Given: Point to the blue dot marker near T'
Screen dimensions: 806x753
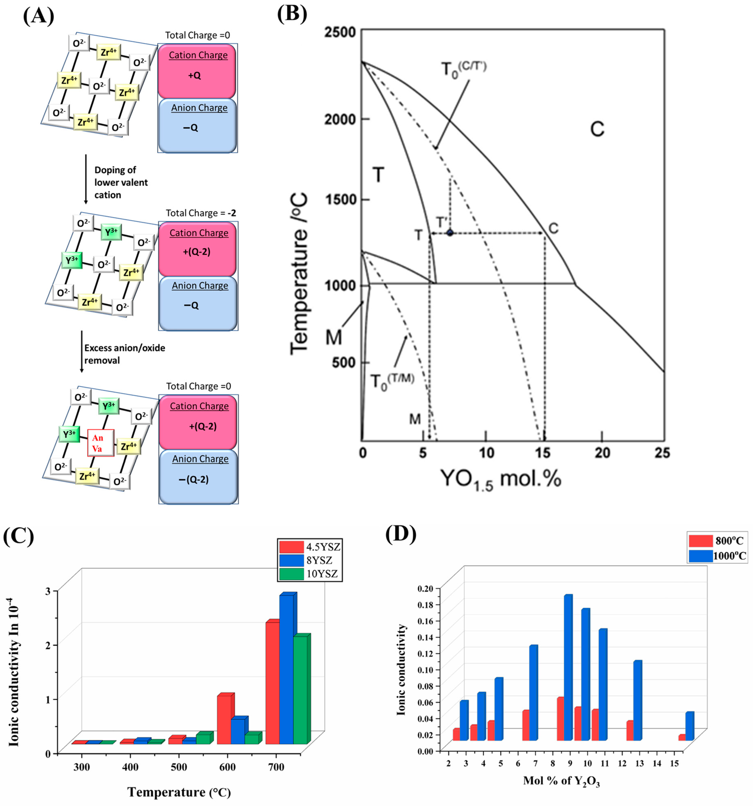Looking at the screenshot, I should point(450,233).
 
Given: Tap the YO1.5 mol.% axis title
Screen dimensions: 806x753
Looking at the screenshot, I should point(501,479).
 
